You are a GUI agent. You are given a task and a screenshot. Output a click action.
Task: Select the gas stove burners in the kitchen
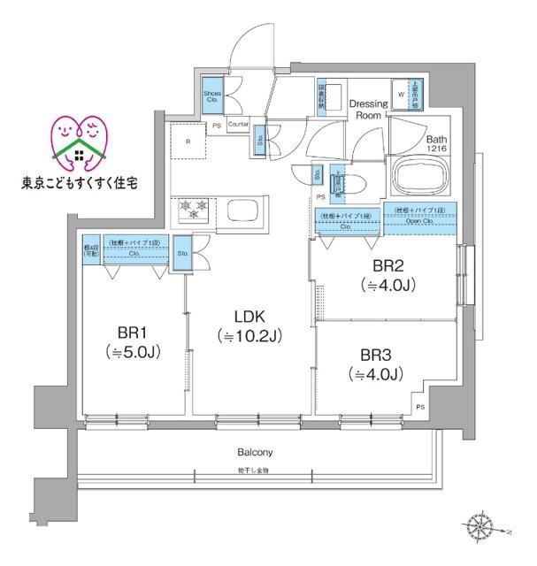(x=194, y=210)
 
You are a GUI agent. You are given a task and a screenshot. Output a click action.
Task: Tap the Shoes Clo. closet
(x=213, y=96)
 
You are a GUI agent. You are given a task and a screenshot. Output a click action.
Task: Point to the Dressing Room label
(x=368, y=110)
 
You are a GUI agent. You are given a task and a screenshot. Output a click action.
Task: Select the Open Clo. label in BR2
(x=420, y=221)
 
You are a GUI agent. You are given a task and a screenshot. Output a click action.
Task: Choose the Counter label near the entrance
(x=238, y=125)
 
